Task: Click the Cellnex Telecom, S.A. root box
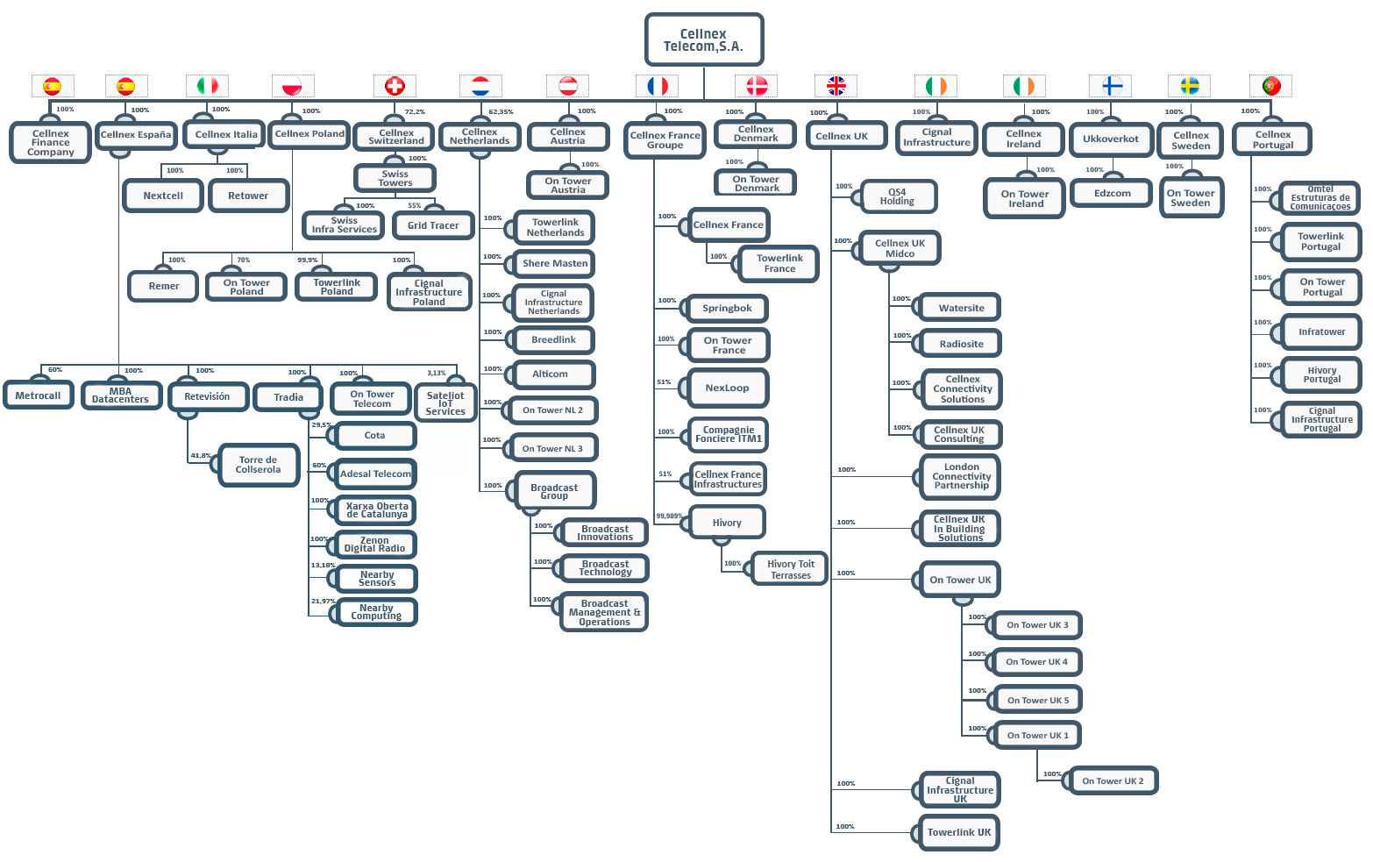(704, 39)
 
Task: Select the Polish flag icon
(292, 86)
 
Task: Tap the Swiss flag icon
(395, 86)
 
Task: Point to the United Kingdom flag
(836, 86)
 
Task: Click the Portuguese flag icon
(1270, 86)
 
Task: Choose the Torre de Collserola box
(259, 466)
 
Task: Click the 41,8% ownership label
(201, 455)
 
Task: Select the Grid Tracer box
(433, 225)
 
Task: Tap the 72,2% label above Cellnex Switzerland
(415, 111)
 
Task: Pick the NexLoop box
(728, 388)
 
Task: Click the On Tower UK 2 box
(1113, 781)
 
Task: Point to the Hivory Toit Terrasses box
(790, 569)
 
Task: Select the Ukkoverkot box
(1111, 139)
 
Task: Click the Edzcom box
(1112, 194)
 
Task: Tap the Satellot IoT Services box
(445, 403)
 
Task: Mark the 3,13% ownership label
(437, 373)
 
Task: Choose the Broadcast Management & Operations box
(604, 612)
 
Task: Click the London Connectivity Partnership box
(961, 476)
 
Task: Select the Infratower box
(1321, 332)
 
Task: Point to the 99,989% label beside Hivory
(669, 516)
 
